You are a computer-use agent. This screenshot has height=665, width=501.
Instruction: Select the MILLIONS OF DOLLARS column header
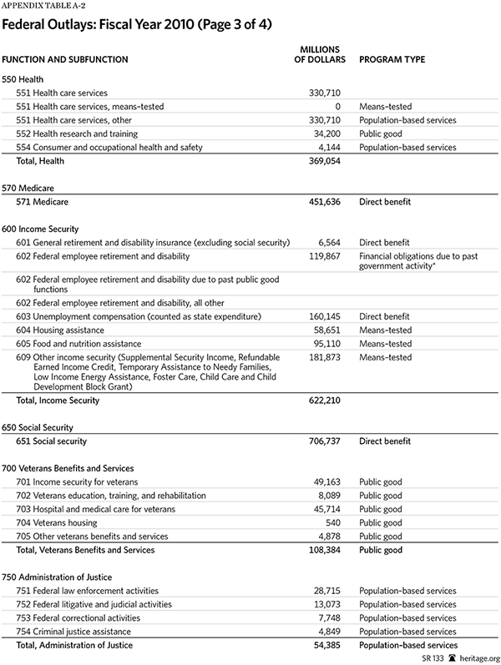pos(316,54)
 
